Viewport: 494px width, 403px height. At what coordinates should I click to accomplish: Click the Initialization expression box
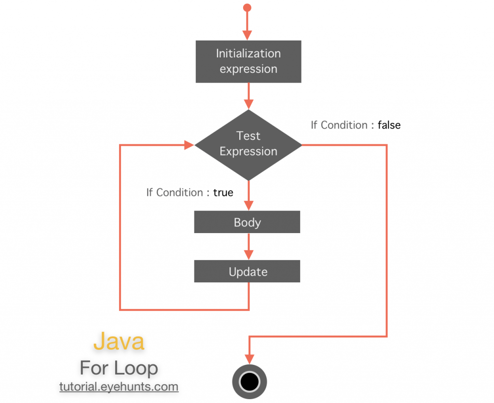248,61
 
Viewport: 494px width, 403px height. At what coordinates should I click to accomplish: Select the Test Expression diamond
248,144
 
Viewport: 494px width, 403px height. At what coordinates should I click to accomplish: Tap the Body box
247,222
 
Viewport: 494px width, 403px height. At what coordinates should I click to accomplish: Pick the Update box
247,272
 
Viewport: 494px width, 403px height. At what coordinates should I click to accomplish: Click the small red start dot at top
247,8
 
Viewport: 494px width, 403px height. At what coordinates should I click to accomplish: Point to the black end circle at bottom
249,382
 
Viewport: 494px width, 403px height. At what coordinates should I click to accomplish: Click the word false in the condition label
389,125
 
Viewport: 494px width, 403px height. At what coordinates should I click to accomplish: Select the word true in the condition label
223,193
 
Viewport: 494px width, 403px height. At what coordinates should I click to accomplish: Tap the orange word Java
119,341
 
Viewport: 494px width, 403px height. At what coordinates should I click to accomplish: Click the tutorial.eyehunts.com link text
119,387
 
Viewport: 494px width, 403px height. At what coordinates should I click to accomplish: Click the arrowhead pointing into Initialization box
247,35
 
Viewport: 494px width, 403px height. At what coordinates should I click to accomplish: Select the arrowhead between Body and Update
247,254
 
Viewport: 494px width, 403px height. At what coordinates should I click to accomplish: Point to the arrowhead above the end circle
249,359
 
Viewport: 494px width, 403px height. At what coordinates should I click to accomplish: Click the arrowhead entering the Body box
247,205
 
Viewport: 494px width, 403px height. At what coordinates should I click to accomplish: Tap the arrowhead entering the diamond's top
248,104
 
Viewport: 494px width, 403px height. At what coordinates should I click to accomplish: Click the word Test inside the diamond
248,136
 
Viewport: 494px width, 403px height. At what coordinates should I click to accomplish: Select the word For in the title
94,368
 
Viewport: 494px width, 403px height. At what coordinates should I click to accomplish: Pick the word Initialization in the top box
248,54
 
